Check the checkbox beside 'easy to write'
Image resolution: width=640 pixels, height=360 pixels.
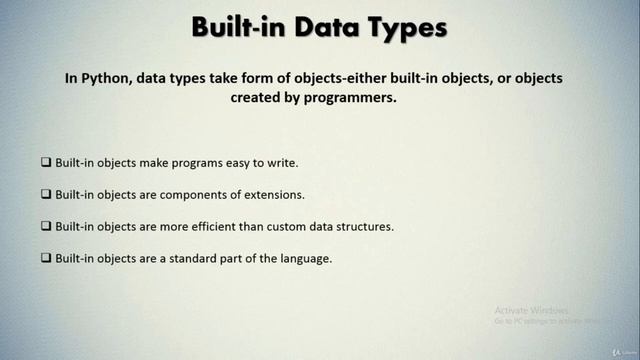pos(46,162)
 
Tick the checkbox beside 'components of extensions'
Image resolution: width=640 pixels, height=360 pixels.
pos(46,193)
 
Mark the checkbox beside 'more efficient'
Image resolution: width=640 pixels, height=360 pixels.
pos(46,225)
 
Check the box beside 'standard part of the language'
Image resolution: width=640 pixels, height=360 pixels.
pos(46,257)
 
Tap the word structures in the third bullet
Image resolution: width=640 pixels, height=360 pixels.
pos(364,225)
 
